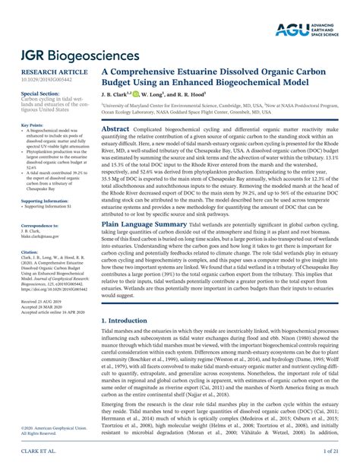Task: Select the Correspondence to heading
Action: pos(39,227)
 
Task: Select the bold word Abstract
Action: pos(115,130)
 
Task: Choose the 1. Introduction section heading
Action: pos(125,321)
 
